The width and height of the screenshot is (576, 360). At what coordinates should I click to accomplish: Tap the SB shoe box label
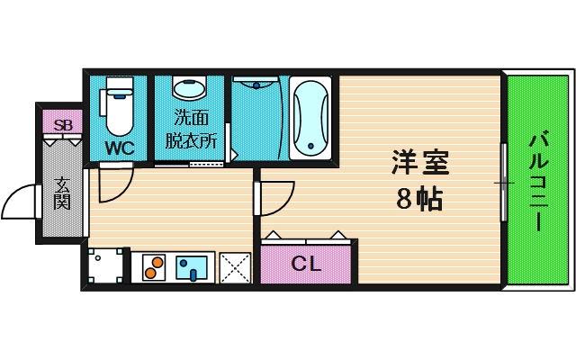[63, 125]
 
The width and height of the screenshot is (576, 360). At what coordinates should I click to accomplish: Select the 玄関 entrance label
[62, 192]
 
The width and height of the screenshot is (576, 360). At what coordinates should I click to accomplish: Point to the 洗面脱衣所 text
[191, 130]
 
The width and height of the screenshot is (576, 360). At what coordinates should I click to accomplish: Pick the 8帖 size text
[419, 199]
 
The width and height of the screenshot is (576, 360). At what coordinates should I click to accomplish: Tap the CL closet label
[307, 264]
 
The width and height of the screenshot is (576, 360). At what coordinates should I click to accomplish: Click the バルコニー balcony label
[538, 181]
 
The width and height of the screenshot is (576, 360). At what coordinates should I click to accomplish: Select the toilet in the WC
[119, 106]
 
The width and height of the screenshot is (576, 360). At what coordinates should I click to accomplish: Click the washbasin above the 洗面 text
[190, 89]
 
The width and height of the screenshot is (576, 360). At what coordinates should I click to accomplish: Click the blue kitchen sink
[192, 266]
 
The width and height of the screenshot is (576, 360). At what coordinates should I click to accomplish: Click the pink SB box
[63, 125]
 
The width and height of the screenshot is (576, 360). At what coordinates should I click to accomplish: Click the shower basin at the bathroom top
[257, 87]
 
